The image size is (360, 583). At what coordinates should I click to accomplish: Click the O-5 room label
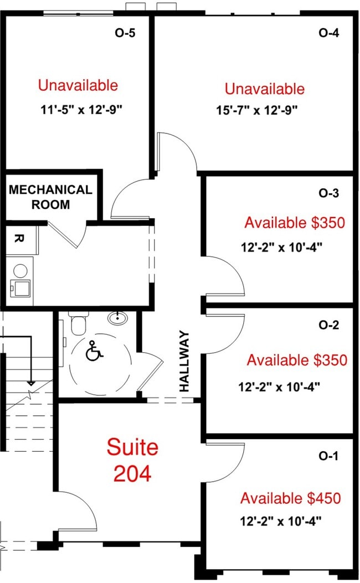click(x=125, y=33)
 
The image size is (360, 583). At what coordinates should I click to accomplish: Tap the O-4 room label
click(x=329, y=33)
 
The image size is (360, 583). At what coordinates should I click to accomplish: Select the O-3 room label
click(x=329, y=193)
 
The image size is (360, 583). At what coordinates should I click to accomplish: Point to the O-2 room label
click(x=329, y=325)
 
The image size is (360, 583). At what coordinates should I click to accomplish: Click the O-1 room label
click(x=328, y=456)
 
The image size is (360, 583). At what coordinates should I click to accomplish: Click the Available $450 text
click(x=291, y=498)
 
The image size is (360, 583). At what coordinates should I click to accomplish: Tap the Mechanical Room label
click(x=50, y=197)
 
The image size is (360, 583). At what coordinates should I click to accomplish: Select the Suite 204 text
click(x=132, y=460)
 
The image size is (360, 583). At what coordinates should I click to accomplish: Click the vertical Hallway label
click(x=184, y=361)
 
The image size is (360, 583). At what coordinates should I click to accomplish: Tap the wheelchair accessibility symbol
click(x=94, y=352)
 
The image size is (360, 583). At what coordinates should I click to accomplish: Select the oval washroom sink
click(x=118, y=318)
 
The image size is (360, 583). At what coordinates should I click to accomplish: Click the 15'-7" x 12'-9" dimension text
click(x=257, y=110)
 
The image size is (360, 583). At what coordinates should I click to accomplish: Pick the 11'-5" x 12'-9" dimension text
click(x=81, y=110)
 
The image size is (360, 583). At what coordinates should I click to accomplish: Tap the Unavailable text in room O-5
click(x=78, y=85)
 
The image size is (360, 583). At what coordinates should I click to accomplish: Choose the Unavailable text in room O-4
click(x=265, y=89)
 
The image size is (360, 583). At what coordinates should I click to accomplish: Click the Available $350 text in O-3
click(x=295, y=223)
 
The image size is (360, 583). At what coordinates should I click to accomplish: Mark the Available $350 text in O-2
click(x=297, y=360)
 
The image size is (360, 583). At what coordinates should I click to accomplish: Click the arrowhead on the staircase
click(x=31, y=383)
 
